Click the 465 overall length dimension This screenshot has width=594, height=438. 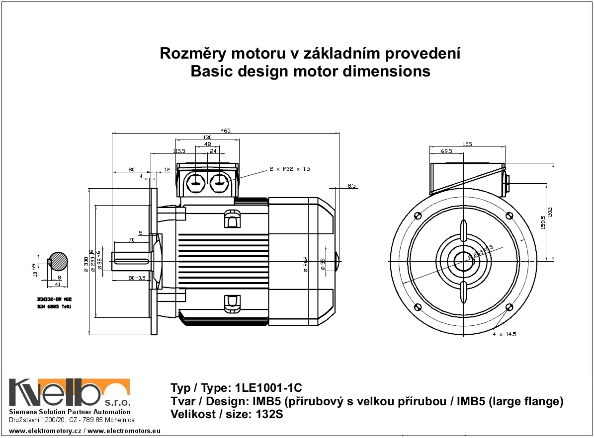pos(225,131)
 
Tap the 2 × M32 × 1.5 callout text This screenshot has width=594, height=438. pos(289,169)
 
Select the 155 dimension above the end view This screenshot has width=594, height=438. pos(467,144)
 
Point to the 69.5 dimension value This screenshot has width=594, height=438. pos(446,151)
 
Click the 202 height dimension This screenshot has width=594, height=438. pos(550,212)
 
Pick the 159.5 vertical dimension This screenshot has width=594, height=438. pos(543,222)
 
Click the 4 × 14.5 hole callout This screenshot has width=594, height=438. pos(504,335)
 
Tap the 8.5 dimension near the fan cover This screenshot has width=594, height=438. pos(351,186)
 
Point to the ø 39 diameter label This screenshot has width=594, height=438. pos(323,264)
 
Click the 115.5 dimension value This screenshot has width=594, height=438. pos(178,151)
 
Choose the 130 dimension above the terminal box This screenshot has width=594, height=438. pos(207,138)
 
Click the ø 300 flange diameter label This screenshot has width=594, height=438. pos(86,264)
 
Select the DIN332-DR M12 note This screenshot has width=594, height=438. pos(55,300)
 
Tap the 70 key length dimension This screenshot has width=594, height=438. pos(131,240)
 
